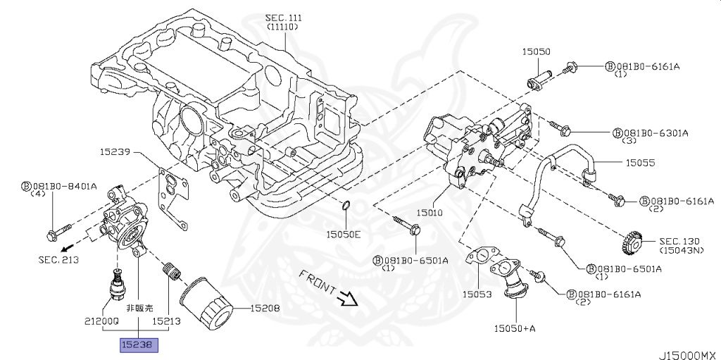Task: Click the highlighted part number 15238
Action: click(139, 345)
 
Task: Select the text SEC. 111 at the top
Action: click(282, 17)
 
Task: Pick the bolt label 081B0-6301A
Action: click(654, 132)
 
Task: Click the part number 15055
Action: click(641, 162)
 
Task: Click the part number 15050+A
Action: click(515, 328)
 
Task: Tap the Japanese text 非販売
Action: click(139, 308)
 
